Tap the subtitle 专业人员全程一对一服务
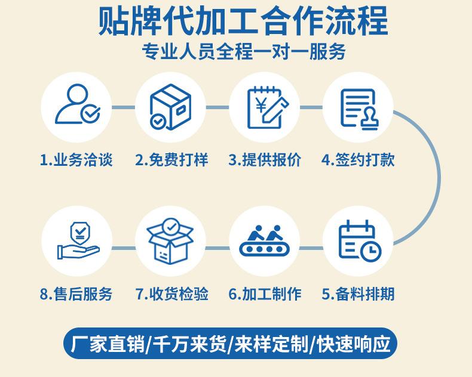[x=243, y=52]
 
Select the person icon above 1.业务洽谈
[x=76, y=107]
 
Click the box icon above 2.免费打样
[x=170, y=107]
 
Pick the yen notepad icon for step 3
[x=263, y=107]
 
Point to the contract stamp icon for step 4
[x=358, y=107]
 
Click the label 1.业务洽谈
[x=76, y=160]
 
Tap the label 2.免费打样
[x=171, y=160]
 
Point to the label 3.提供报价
[x=265, y=160]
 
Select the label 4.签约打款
[x=358, y=160]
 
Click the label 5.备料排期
[x=358, y=294]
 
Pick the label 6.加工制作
[x=265, y=294]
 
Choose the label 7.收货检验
[x=171, y=294]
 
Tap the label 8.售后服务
[x=76, y=294]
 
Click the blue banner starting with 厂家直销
[x=230, y=344]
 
